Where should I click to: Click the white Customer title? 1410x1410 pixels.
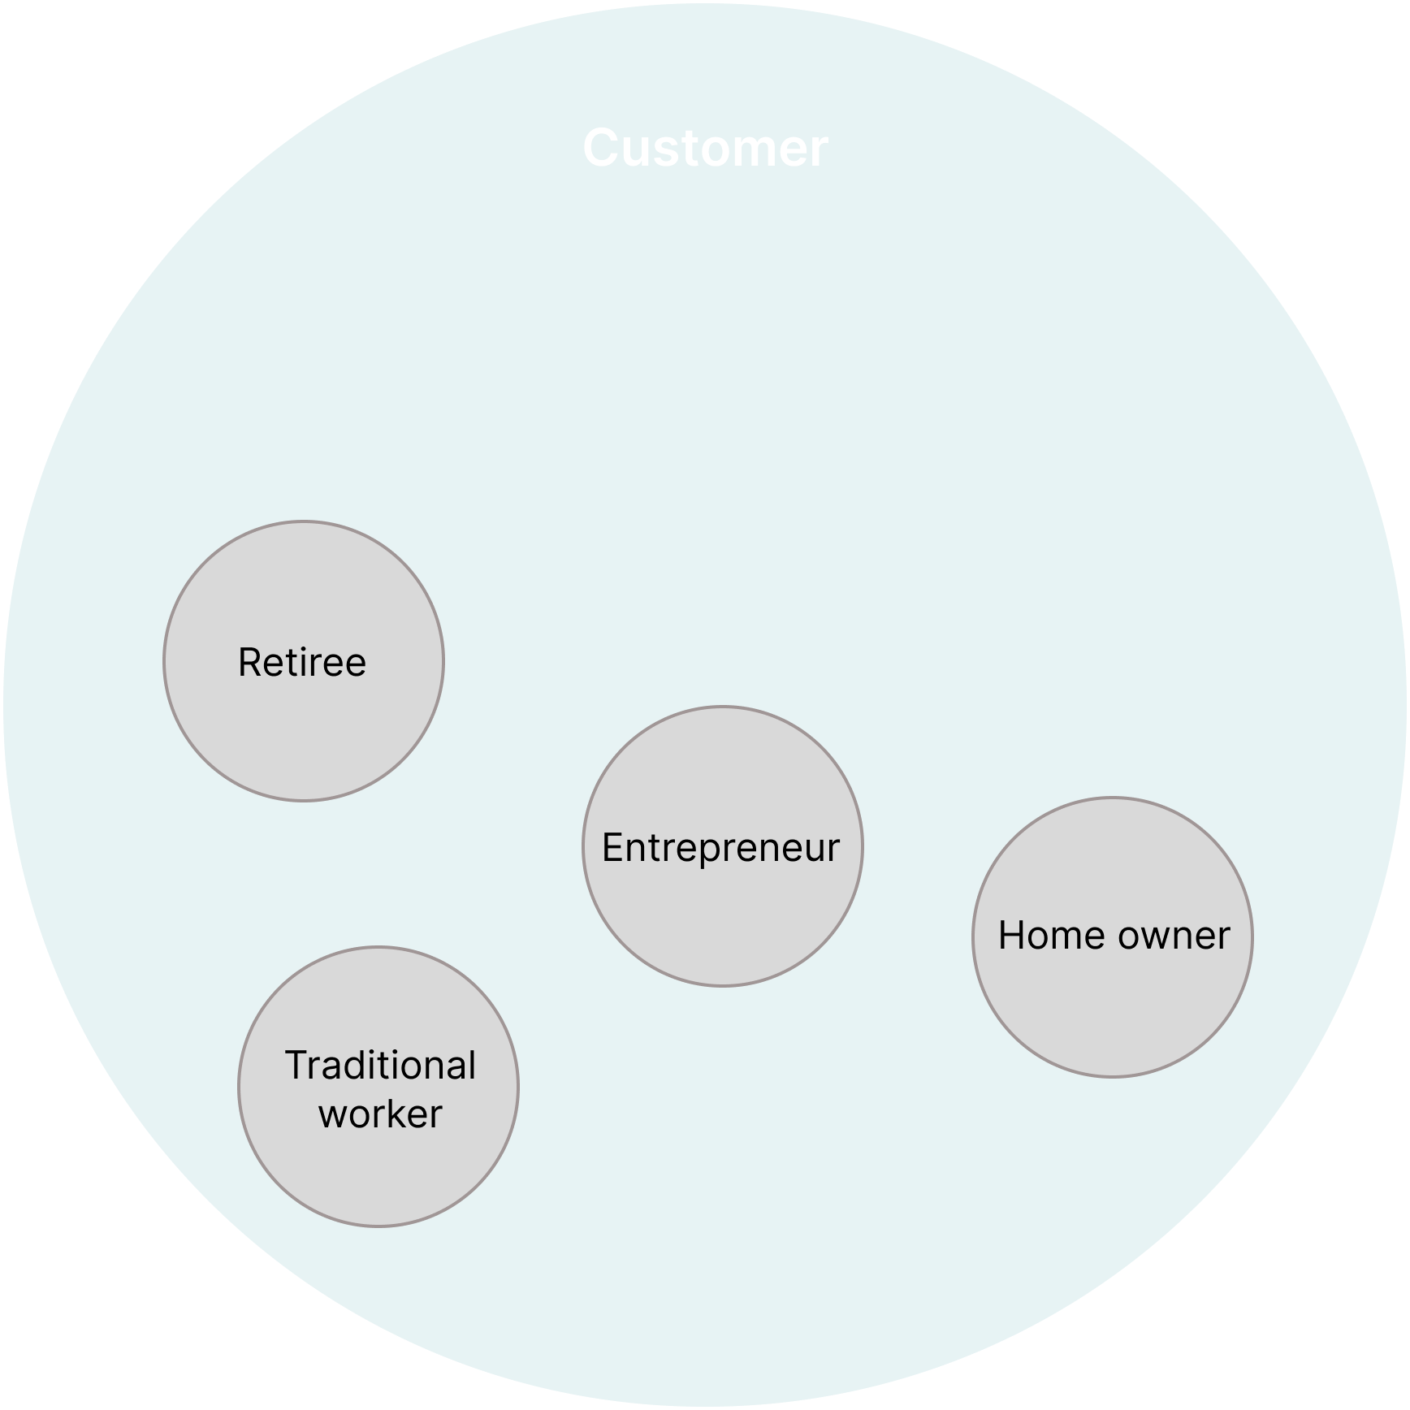tap(706, 149)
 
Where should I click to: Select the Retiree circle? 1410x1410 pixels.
tap(304, 661)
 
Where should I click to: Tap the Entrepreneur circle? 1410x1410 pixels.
tap(723, 846)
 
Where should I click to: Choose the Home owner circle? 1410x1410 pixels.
tap(1113, 937)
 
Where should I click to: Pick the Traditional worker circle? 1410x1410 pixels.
tap(378, 1087)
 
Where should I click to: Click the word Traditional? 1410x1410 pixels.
tap(380, 1065)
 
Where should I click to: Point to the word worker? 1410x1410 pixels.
tap(380, 1114)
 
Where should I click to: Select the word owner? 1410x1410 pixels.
tap(1174, 936)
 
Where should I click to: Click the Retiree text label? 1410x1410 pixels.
tap(302, 662)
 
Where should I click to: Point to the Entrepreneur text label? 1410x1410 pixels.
tap(721, 848)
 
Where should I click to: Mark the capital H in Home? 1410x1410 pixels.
tap(1012, 936)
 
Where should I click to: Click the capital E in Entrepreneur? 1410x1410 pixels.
tap(613, 848)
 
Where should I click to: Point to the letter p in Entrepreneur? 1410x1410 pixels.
tap(707, 854)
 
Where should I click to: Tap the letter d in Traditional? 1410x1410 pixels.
tap(351, 1066)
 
